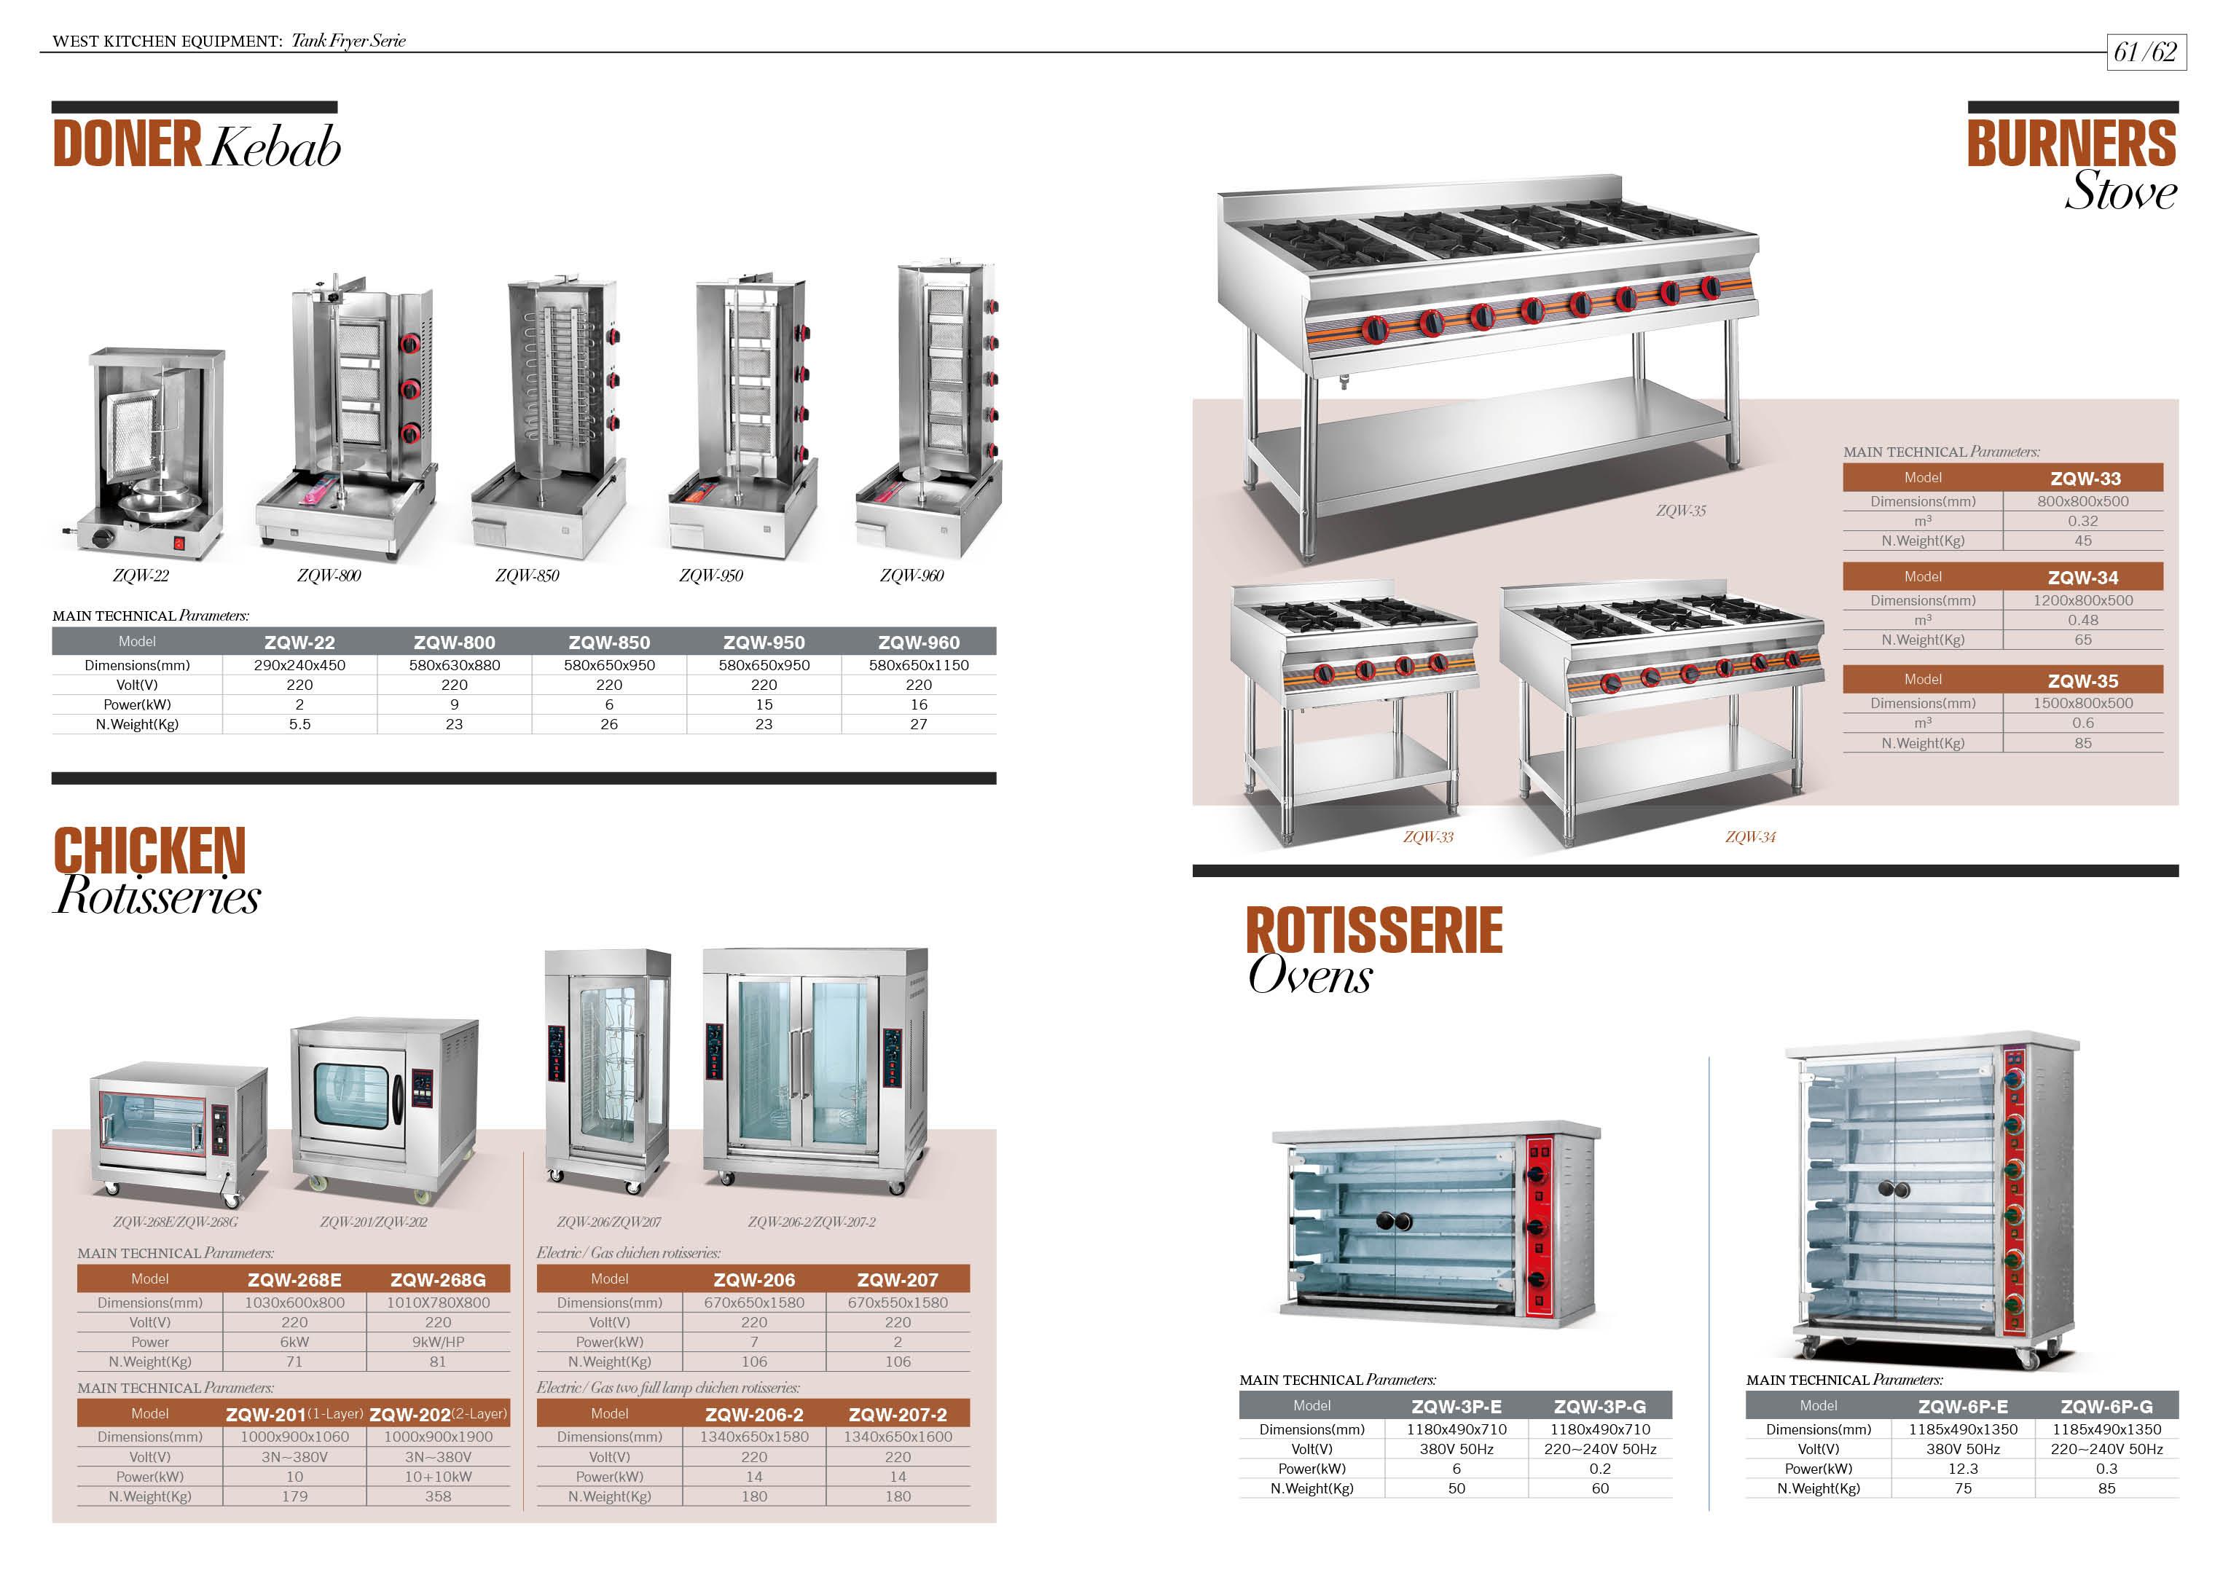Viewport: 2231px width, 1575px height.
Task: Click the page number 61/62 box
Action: pos(2146,52)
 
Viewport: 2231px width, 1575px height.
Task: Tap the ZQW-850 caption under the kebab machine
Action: pos(527,576)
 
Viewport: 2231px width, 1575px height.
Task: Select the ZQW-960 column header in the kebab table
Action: pos(918,643)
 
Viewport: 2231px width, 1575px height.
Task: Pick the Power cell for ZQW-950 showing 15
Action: pos(764,704)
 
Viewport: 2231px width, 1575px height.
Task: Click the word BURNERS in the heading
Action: pos(2071,144)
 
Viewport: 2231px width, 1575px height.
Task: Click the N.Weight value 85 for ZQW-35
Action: pos(2082,743)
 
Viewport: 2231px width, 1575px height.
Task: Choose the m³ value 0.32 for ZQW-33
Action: pos(2082,522)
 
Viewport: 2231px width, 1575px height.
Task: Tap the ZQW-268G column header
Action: pos(437,1281)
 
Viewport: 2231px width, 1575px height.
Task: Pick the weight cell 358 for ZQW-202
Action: pos(437,1497)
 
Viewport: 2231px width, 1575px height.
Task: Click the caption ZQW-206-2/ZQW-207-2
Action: pos(812,1222)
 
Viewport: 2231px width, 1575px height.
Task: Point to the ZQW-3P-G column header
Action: pos(1599,1407)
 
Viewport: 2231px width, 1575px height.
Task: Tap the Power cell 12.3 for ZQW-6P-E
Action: pos(1963,1469)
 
